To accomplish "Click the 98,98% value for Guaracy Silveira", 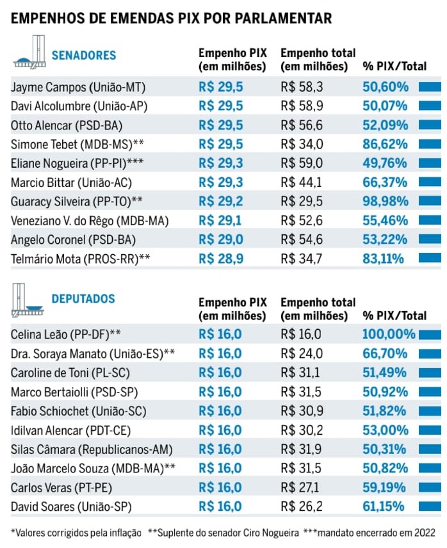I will point(385,201).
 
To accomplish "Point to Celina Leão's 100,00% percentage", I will point(389,334).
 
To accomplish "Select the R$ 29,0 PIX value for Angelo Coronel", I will point(222,239).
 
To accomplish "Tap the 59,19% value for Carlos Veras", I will point(384,488).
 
